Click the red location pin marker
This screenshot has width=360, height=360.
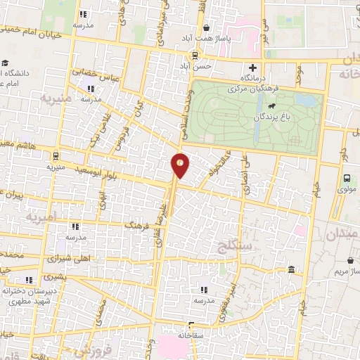click(180, 165)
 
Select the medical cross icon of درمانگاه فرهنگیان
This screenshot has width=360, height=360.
click(253, 67)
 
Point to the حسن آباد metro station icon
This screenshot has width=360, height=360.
click(195, 56)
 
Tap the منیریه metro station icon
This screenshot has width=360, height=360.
click(56, 157)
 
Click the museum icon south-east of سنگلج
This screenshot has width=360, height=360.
click(291, 270)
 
